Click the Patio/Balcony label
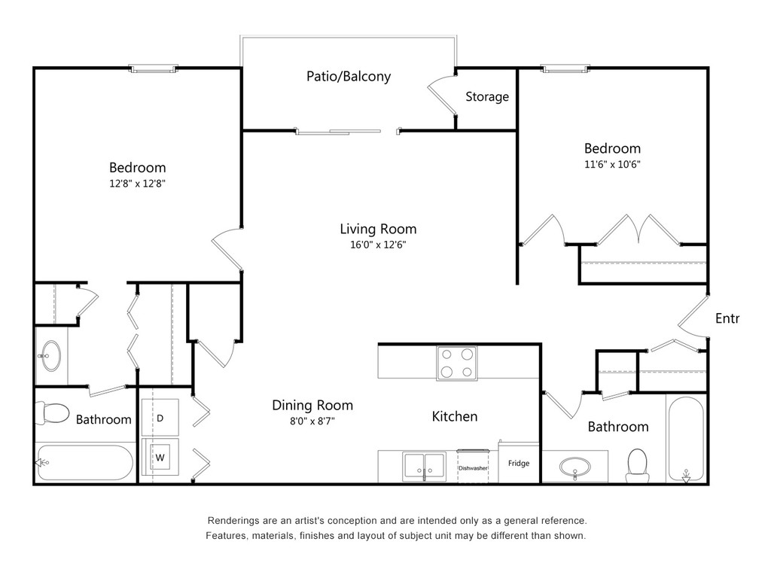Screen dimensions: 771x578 click(348, 76)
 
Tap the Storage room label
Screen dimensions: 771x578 click(487, 97)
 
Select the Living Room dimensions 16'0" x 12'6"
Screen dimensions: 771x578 click(378, 245)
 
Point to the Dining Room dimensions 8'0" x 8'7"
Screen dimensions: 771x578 click(312, 421)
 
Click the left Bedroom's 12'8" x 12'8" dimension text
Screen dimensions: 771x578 click(137, 184)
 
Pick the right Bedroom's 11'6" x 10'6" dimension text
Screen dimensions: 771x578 click(612, 165)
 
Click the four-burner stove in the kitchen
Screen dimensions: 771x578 click(456, 364)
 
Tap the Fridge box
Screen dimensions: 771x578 click(519, 463)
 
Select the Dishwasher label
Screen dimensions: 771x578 click(473, 468)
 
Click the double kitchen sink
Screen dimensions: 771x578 click(425, 467)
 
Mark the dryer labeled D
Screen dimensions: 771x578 click(160, 418)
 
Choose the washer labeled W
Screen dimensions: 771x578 click(160, 457)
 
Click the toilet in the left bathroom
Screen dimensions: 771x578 click(52, 414)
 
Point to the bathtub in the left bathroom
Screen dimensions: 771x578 click(84, 463)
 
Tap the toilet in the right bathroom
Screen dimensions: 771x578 click(637, 464)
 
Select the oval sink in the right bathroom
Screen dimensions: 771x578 click(574, 467)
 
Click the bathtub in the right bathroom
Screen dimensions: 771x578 click(686, 439)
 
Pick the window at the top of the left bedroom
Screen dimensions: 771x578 click(153, 68)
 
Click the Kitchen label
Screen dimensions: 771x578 click(454, 417)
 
